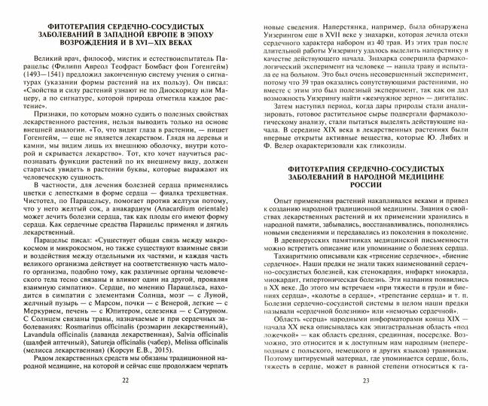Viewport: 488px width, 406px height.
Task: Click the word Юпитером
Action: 102,311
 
